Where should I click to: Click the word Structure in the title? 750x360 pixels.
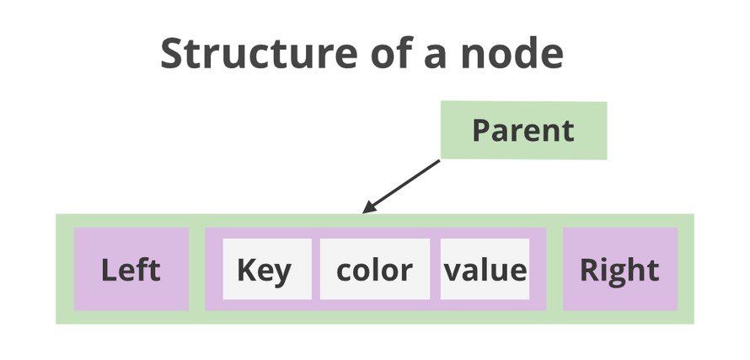click(259, 53)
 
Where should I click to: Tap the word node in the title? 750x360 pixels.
click(512, 53)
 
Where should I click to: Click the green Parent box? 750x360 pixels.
click(524, 130)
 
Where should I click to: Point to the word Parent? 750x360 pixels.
click(523, 131)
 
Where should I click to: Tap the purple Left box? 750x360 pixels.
click(131, 269)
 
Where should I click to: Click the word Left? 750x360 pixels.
click(131, 270)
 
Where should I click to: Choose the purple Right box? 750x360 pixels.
click(620, 269)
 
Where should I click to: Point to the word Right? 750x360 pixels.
click(619, 271)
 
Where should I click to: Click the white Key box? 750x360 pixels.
click(267, 269)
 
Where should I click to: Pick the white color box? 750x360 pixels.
click(375, 269)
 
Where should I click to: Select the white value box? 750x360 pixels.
click(485, 269)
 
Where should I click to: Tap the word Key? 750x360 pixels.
click(264, 271)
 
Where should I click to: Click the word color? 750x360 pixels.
click(374, 270)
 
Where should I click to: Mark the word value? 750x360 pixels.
click(485, 270)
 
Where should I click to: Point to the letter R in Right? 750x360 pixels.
click(589, 270)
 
